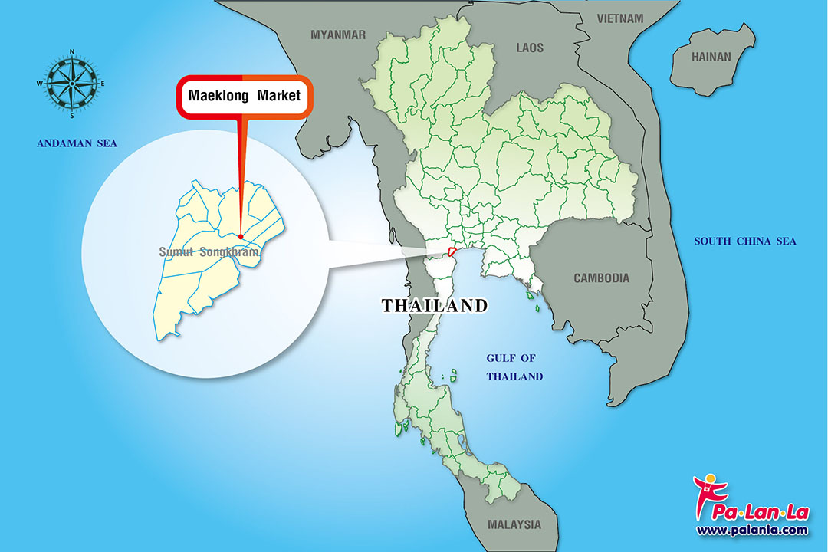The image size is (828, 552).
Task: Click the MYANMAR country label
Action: [x=338, y=34]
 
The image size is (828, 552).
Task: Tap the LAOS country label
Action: [x=529, y=48]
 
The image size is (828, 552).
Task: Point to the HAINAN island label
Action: [x=711, y=57]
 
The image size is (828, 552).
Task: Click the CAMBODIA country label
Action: [x=601, y=278]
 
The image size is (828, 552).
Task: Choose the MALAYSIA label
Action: [x=514, y=525]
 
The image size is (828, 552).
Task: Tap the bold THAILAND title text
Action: [x=435, y=306]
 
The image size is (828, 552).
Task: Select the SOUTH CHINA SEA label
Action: [x=744, y=242]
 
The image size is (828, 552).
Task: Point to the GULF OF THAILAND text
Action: [x=514, y=367]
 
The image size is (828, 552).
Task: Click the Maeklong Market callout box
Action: [x=245, y=97]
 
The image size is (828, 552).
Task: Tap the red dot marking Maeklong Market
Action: [x=241, y=236]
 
